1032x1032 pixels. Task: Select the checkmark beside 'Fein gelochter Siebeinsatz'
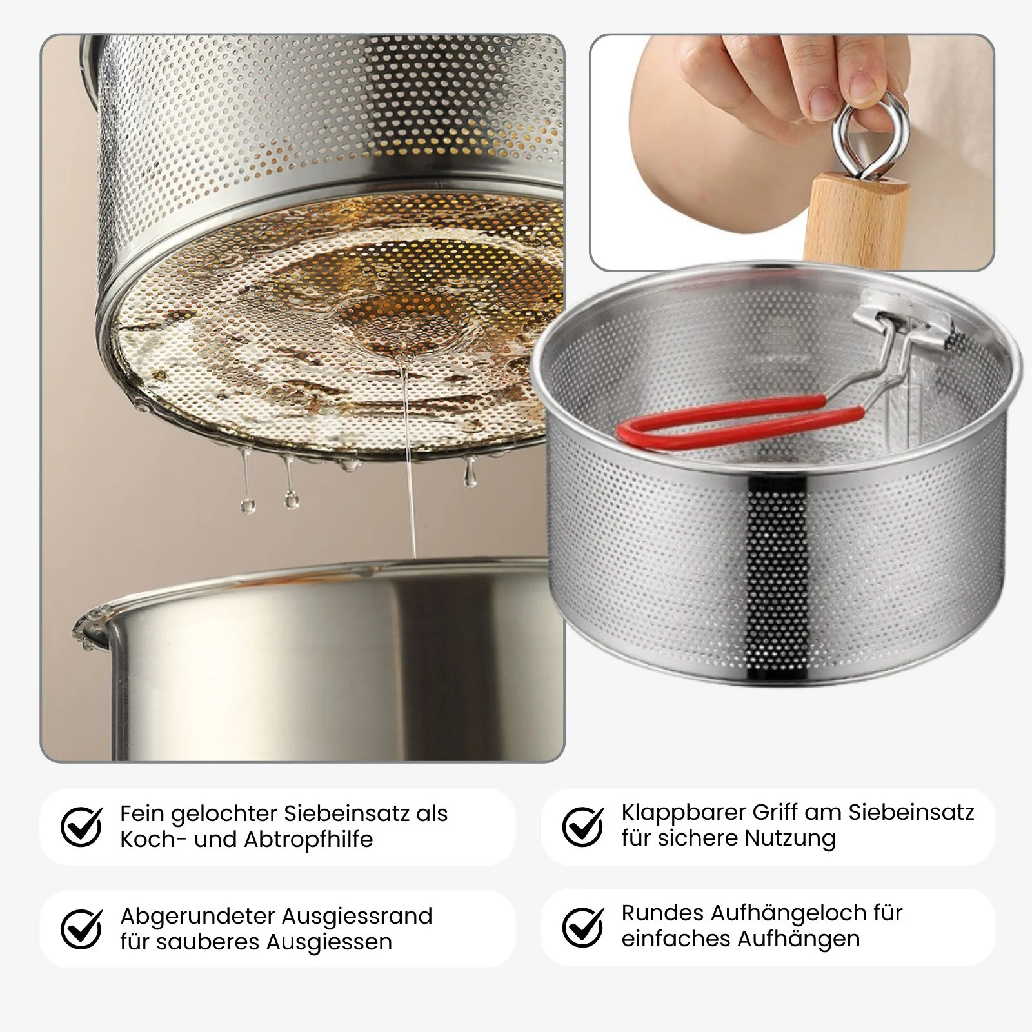[81, 826]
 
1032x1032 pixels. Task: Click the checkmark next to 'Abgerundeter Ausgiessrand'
[81, 929]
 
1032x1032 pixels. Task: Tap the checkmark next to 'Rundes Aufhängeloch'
[583, 927]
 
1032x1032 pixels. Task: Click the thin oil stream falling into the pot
[408, 458]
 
